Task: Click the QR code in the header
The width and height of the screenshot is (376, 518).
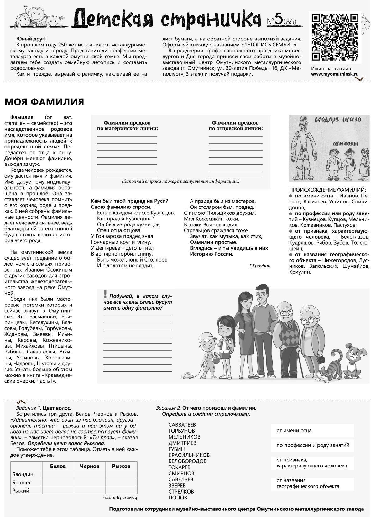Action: point(335,37)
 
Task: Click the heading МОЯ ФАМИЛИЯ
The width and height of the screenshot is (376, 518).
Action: point(44,102)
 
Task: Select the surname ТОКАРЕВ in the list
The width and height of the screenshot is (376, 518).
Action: point(179,467)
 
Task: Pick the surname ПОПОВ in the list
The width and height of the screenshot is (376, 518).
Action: point(178,498)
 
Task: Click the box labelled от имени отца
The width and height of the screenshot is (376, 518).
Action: point(312,431)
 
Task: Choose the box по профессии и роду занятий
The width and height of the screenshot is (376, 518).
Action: point(312,445)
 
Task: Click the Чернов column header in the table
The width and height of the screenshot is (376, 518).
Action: point(90,466)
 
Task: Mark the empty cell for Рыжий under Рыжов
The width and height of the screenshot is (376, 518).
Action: point(121,490)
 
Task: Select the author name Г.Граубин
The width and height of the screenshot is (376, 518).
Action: point(260,266)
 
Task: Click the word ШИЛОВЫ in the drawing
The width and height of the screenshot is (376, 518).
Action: point(346,144)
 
